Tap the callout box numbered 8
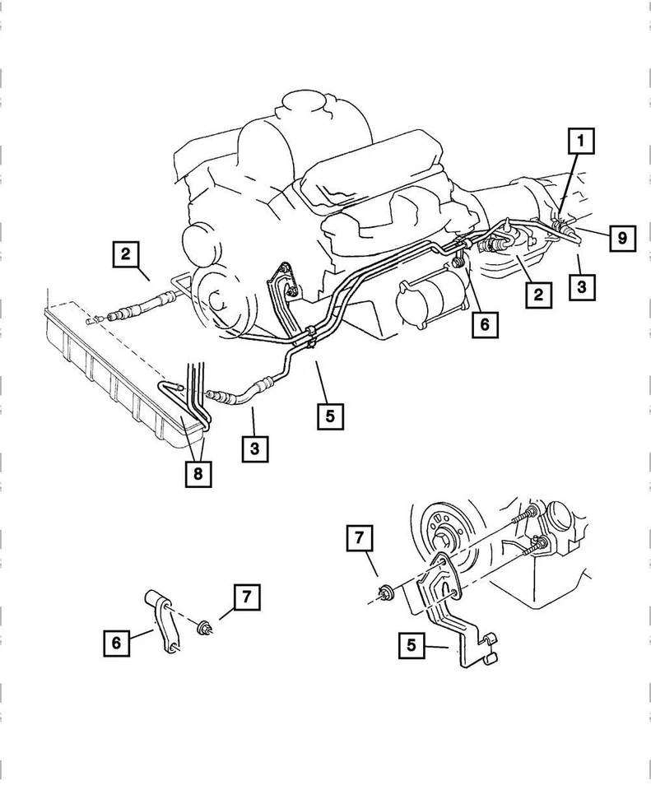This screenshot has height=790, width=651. pyautogui.click(x=198, y=473)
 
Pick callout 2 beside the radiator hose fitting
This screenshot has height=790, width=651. pyautogui.click(x=124, y=254)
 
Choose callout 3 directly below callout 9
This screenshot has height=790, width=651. pyautogui.click(x=581, y=288)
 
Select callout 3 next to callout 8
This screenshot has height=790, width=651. pyautogui.click(x=256, y=449)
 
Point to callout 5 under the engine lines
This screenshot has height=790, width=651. pyautogui.click(x=329, y=416)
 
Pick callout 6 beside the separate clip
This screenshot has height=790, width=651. pyautogui.click(x=117, y=642)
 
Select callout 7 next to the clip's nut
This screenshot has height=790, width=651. pyautogui.click(x=246, y=597)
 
